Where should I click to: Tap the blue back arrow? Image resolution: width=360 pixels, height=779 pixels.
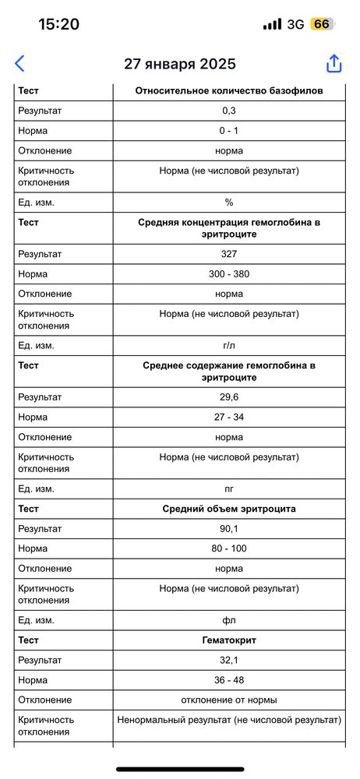click(x=20, y=64)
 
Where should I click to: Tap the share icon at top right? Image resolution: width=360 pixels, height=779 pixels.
click(x=334, y=64)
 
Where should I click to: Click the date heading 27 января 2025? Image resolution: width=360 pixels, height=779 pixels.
click(x=180, y=65)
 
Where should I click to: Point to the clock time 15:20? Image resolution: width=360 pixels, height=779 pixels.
click(x=58, y=24)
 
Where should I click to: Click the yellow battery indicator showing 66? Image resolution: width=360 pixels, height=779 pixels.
click(x=320, y=24)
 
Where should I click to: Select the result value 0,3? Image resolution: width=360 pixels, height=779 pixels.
click(x=229, y=111)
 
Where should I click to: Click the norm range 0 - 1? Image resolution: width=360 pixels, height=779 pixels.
click(x=229, y=131)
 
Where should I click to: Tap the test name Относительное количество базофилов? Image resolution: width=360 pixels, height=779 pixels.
click(x=229, y=91)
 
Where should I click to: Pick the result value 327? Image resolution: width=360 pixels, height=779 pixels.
click(x=229, y=254)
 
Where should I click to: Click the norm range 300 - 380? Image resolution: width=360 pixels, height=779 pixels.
click(x=229, y=274)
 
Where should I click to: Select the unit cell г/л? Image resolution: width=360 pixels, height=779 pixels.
click(x=229, y=345)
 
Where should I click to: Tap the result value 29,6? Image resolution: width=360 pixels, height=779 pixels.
click(x=229, y=397)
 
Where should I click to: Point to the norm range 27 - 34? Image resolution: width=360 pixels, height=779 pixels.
click(x=229, y=418)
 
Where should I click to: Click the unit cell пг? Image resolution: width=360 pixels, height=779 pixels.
click(x=229, y=489)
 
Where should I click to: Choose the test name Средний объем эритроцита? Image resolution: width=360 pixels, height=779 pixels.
click(x=229, y=509)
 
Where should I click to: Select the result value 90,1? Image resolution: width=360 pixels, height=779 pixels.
click(x=229, y=529)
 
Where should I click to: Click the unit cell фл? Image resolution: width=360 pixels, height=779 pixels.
click(x=229, y=620)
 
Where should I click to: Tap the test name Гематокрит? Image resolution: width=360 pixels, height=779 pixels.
click(x=229, y=640)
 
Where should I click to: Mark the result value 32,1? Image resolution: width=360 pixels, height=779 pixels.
click(x=229, y=660)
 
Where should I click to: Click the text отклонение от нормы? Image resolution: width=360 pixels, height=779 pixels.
click(x=229, y=700)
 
